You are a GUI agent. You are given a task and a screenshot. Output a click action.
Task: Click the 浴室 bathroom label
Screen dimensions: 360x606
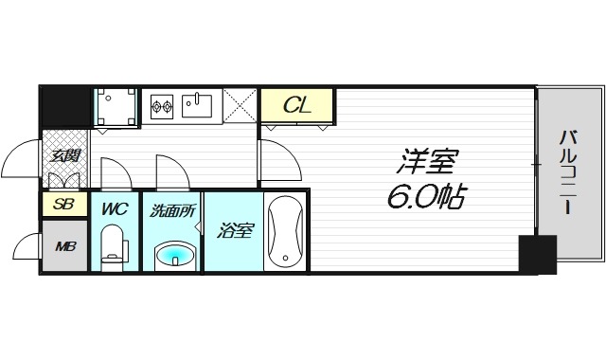point(235,230)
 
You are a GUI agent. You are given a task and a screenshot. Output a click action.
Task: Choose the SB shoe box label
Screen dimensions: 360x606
point(63,204)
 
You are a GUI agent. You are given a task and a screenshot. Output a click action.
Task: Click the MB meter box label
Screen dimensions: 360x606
point(64,247)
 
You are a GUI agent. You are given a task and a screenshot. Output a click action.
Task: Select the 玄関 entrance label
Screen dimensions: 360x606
point(64,156)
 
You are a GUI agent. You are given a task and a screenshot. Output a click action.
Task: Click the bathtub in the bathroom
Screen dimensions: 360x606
point(285,232)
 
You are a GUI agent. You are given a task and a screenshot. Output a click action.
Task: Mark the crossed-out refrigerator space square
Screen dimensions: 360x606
point(241,105)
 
